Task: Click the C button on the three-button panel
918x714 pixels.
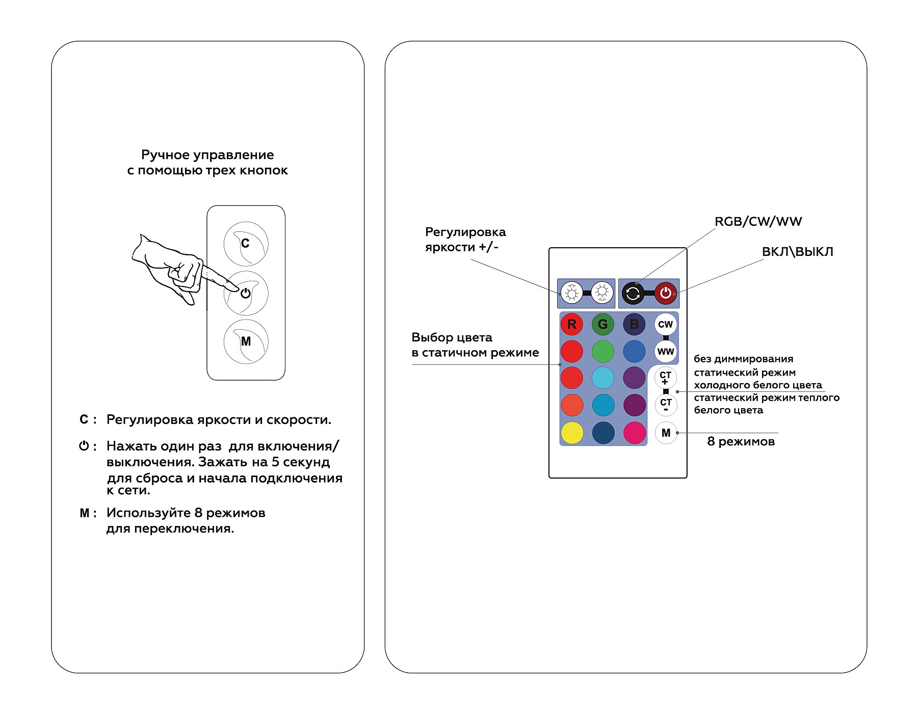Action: [x=246, y=244]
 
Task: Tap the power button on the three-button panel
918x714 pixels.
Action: [x=246, y=293]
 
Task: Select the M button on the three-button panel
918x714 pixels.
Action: [x=246, y=341]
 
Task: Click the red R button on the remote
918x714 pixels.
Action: [x=571, y=324]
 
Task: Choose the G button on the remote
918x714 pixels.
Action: [x=602, y=324]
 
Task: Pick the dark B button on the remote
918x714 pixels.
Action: [x=634, y=324]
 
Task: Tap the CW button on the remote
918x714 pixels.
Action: [x=665, y=324]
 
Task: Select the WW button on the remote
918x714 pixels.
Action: [x=665, y=351]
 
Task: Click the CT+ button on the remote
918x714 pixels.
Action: [x=665, y=378]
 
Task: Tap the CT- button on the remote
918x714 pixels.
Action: [x=665, y=405]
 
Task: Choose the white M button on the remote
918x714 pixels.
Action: [x=666, y=433]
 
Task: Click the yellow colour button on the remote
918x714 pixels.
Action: [x=572, y=433]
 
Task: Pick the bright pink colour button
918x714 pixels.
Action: [x=635, y=433]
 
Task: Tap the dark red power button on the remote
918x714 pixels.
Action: [x=665, y=293]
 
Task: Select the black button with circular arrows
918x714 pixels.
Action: [x=633, y=293]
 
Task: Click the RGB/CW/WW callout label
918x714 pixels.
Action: [x=758, y=222]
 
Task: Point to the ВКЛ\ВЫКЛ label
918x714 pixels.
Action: [x=797, y=252]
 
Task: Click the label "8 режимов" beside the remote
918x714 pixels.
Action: [x=741, y=441]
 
